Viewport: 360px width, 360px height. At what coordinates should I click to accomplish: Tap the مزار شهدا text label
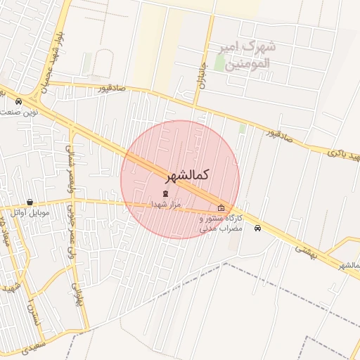pos(166,205)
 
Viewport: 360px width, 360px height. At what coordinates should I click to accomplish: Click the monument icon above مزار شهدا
pos(166,193)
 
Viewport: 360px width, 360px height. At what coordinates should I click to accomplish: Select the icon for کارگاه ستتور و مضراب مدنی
pos(221,207)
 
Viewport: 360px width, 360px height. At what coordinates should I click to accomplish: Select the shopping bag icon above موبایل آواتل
pos(30,202)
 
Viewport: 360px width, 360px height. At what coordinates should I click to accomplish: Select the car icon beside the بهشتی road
pos(258,228)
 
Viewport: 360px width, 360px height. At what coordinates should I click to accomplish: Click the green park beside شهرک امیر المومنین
pos(220,63)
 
